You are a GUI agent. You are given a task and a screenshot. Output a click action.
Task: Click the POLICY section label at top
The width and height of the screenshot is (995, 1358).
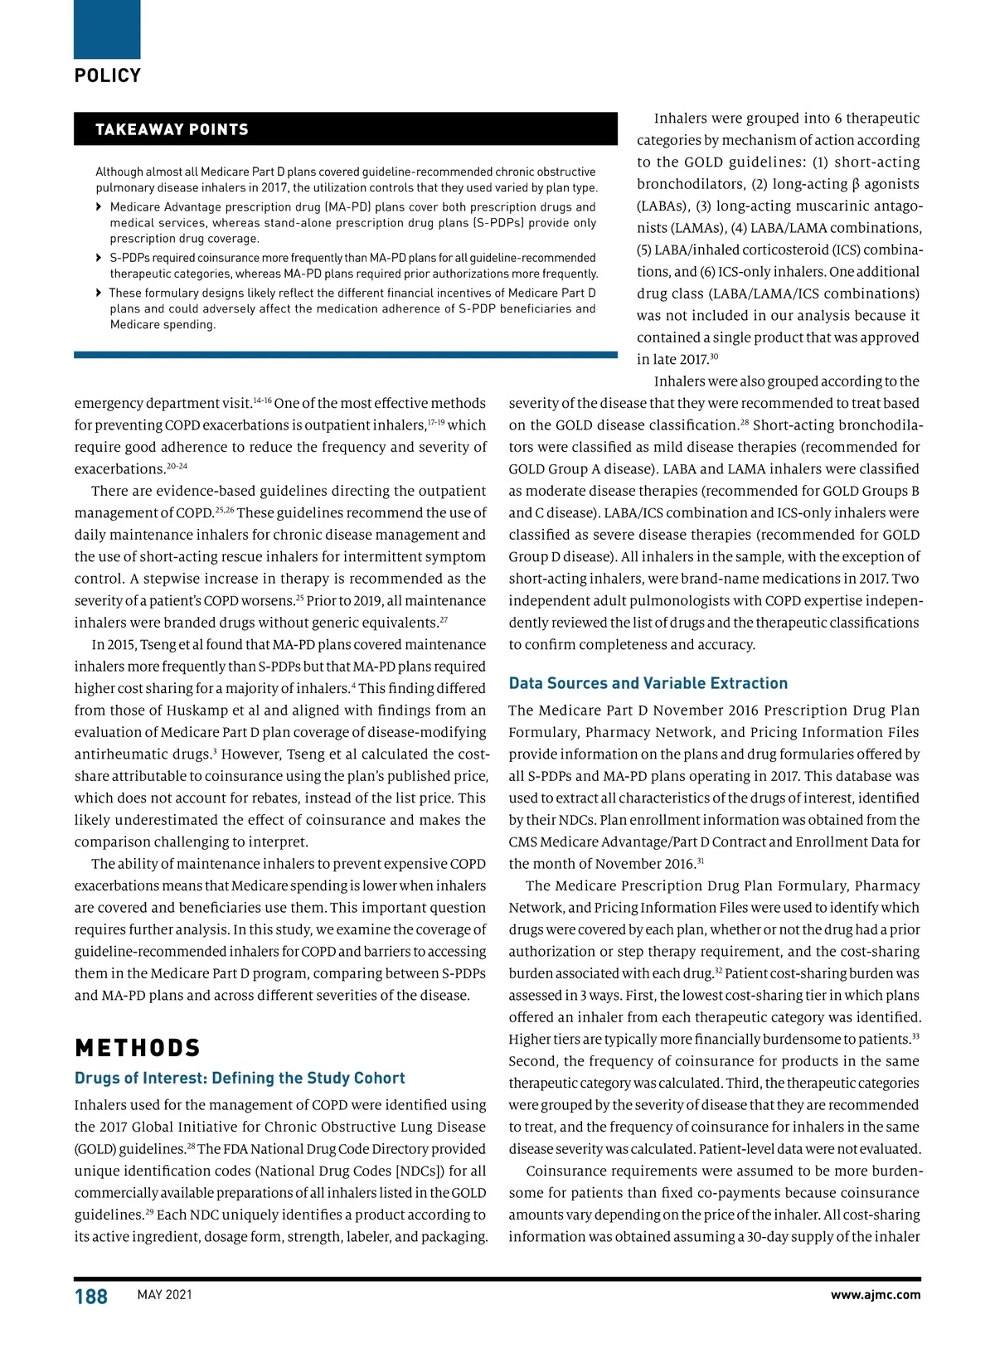[x=108, y=75]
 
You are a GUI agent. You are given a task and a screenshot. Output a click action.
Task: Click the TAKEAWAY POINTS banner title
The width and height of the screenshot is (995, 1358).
[x=172, y=129]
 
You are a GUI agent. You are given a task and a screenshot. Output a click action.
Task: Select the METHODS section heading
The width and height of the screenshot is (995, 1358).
[x=138, y=1048]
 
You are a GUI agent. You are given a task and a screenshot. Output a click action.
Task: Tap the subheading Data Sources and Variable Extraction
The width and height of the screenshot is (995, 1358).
[x=648, y=683]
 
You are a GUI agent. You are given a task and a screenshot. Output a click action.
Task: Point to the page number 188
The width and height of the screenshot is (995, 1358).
[x=91, y=1297]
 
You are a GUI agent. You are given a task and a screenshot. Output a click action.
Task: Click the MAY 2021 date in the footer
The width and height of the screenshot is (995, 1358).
[x=164, y=1295]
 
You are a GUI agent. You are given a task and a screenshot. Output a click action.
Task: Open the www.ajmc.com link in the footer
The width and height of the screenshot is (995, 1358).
[x=875, y=1295]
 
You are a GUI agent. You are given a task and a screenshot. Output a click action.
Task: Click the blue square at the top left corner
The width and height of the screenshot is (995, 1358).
[x=107, y=29]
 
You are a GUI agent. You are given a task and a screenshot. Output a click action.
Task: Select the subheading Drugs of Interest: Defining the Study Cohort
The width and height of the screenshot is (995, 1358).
[x=240, y=1078]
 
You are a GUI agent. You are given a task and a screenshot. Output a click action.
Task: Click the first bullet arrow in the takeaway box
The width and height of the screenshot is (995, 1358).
[x=99, y=207]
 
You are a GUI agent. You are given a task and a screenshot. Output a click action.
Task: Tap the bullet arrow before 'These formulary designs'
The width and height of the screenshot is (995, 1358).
[x=99, y=293]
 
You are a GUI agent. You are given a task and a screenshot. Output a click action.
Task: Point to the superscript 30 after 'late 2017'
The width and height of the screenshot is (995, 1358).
[x=714, y=356]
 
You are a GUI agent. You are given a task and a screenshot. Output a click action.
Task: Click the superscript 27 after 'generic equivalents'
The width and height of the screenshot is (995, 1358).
[x=444, y=620]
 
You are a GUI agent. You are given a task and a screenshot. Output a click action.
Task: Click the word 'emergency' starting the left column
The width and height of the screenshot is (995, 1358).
[x=108, y=404]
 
